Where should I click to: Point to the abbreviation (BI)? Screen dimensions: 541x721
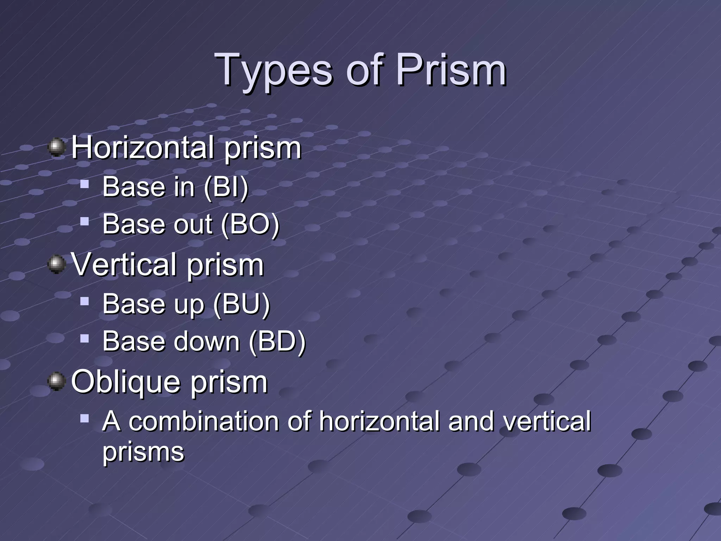226,187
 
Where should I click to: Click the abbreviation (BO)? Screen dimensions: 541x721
250,224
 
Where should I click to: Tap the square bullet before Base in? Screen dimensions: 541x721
84,184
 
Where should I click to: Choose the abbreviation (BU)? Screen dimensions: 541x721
242,304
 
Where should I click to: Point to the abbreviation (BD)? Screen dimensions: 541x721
277,341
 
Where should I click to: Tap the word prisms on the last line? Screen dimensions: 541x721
143,452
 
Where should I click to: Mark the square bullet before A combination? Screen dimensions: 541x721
84,418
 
